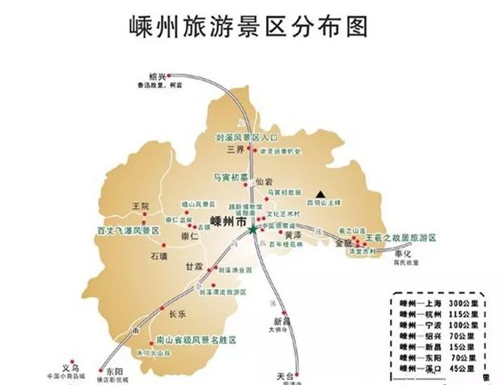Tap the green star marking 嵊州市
253,230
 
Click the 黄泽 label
294,235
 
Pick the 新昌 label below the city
281,319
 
